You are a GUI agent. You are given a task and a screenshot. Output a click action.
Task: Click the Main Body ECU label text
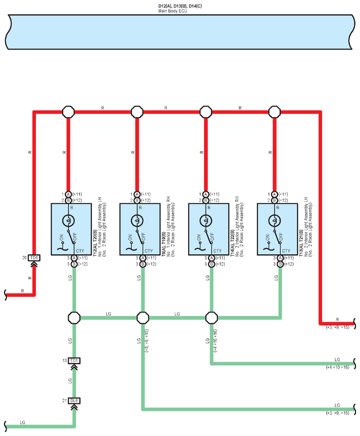tap(172, 11)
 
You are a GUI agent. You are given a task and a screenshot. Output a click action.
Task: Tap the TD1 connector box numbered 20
tap(34, 258)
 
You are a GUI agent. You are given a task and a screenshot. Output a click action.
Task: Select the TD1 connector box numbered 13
tap(74, 361)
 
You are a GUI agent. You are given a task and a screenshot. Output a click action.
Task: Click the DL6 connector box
tap(74, 401)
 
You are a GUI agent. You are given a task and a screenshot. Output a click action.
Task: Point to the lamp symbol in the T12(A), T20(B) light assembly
tap(68, 221)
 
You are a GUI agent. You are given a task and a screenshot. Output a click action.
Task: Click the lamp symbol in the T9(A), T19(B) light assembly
tap(137, 221)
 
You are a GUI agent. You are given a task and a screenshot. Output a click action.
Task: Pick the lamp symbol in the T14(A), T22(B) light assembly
tap(206, 221)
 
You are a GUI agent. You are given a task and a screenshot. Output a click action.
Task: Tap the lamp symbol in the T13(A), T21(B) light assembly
tap(275, 221)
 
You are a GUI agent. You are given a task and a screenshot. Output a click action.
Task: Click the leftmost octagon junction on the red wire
tap(68, 112)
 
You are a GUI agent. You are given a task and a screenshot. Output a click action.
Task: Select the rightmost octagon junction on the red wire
tap(275, 112)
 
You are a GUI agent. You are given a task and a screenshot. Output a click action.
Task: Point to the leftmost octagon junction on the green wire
tap(74, 318)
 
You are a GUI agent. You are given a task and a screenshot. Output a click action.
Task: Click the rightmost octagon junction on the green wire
tap(212, 318)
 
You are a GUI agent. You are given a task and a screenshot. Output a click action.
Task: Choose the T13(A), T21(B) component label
tap(301, 243)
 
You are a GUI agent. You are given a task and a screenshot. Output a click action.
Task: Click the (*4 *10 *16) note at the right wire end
tap(338, 367)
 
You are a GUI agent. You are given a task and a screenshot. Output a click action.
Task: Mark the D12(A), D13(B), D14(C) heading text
tap(180, 6)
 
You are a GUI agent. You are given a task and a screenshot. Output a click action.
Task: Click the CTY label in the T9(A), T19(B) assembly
tap(148, 251)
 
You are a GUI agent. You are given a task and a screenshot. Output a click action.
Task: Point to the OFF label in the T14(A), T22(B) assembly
tap(212, 237)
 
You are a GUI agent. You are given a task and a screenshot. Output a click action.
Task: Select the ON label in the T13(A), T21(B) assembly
tap(267, 238)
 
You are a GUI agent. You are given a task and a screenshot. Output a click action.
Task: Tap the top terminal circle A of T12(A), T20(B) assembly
tap(68, 194)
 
